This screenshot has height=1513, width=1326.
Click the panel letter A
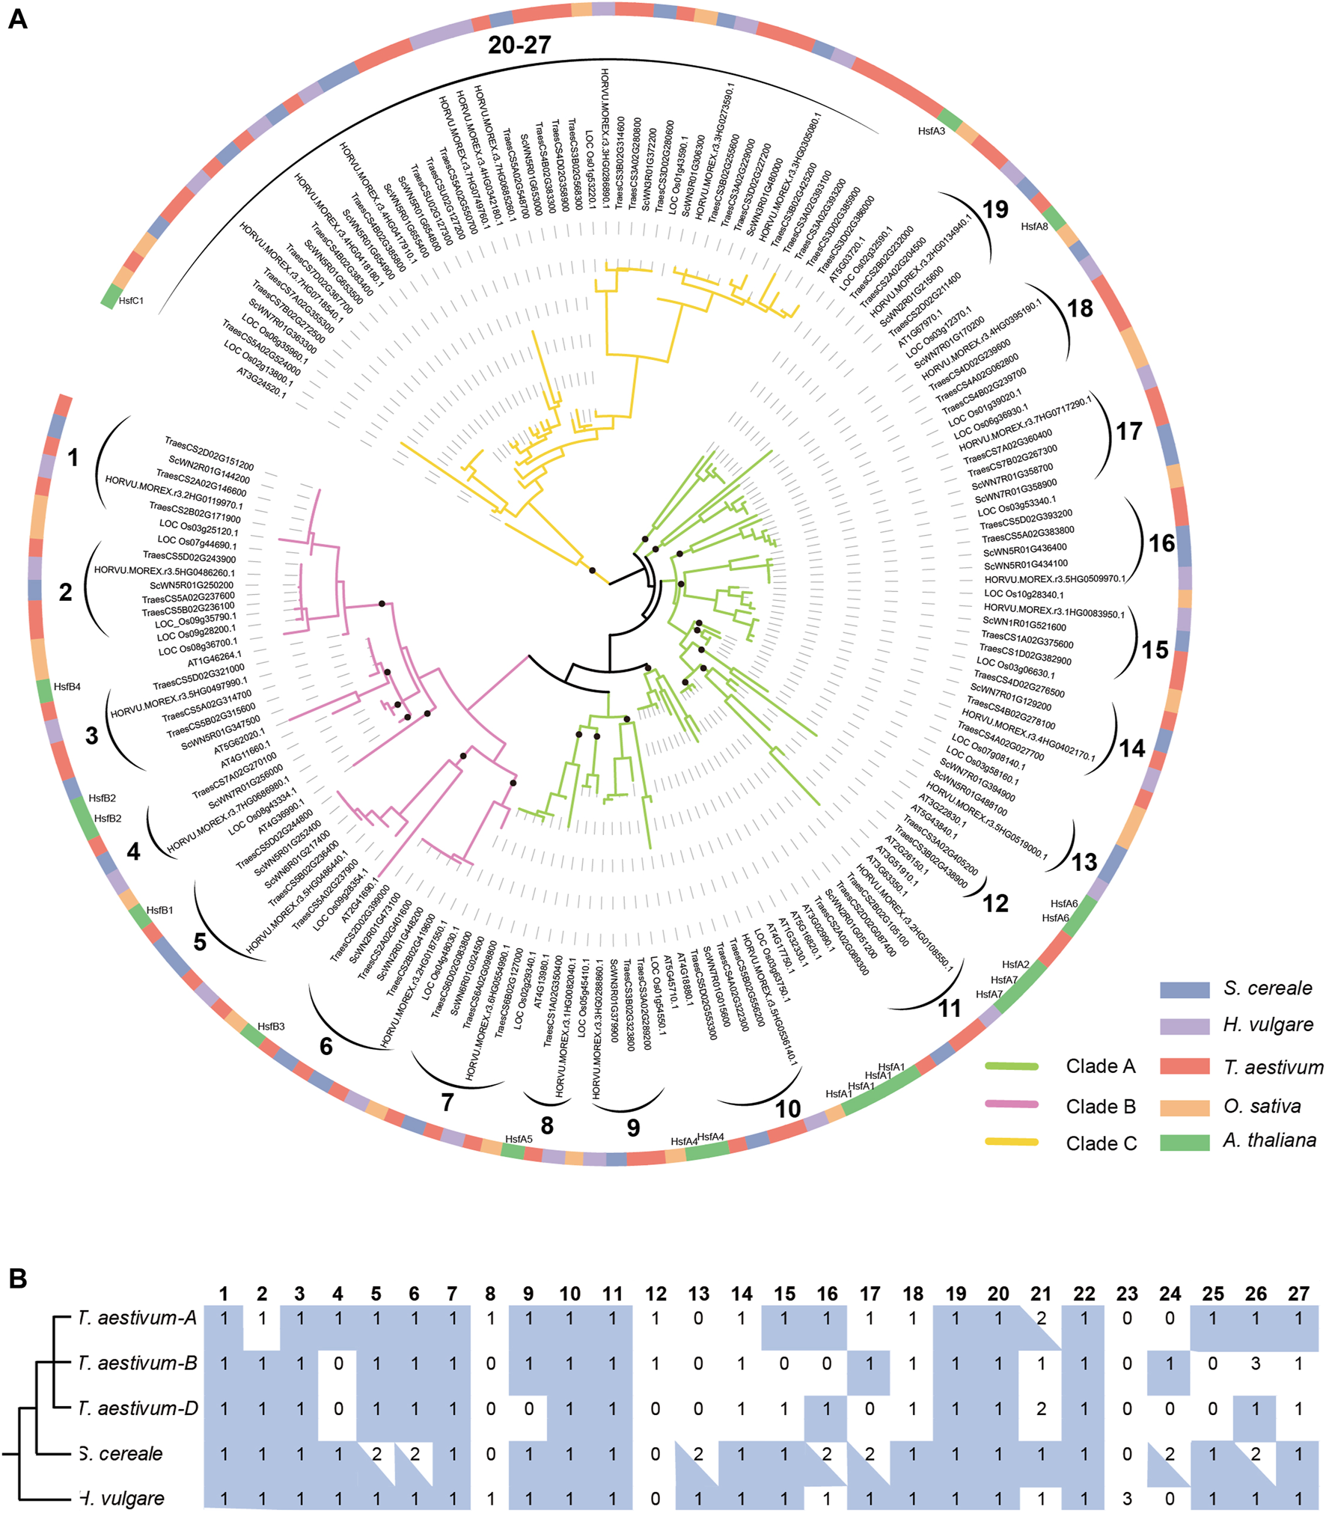pos(17,19)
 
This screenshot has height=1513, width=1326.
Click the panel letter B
pos(17,1279)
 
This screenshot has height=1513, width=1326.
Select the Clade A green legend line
pos(1012,1066)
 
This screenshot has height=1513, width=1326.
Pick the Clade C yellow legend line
pos(1012,1142)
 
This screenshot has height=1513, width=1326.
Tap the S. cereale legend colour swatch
pos(1185,989)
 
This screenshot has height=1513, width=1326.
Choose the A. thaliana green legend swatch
pos(1185,1142)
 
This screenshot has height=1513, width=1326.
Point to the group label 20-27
pos(519,45)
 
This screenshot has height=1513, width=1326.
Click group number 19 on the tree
pos(995,210)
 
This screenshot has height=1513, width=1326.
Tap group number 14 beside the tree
pos(1131,748)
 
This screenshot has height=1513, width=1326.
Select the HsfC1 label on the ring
pos(131,301)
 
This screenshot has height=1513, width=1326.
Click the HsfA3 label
pos(932,131)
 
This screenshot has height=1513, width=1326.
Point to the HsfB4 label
pos(67,686)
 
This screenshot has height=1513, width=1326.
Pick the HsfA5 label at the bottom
pos(519,1139)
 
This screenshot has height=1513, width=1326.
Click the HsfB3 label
pos(271,1027)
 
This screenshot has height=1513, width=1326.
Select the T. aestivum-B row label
pos(138,1363)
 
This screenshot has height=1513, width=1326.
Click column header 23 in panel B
pos(1127,1295)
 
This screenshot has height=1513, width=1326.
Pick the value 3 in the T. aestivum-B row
pos(1256,1363)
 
